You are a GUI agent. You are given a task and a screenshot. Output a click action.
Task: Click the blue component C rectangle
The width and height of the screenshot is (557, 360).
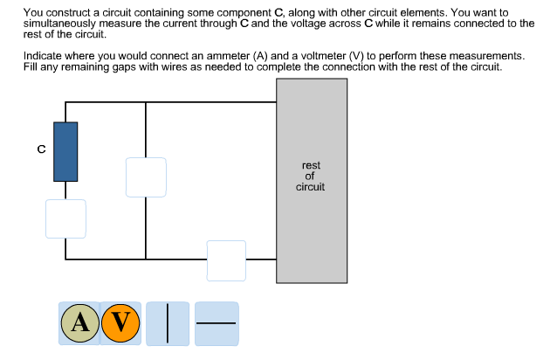click(x=65, y=151)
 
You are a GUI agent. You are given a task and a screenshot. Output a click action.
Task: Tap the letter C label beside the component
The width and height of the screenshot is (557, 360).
click(x=40, y=149)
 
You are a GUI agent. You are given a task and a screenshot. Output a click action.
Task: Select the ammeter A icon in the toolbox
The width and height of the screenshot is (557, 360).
click(x=79, y=323)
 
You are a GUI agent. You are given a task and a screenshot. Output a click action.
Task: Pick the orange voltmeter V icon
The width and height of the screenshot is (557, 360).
click(x=120, y=323)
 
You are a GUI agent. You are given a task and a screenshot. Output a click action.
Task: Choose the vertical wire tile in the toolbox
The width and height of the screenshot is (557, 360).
click(x=168, y=323)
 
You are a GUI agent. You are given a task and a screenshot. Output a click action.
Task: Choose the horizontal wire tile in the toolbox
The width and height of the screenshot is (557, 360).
click(x=216, y=323)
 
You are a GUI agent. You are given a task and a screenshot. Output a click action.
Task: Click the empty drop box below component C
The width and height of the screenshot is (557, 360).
click(x=65, y=218)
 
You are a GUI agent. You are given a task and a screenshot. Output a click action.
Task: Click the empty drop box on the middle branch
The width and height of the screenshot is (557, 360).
click(x=146, y=177)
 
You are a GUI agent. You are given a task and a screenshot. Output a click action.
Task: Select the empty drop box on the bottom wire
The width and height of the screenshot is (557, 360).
click(x=226, y=260)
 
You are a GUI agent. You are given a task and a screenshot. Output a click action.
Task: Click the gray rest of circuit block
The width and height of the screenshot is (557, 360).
click(x=311, y=227)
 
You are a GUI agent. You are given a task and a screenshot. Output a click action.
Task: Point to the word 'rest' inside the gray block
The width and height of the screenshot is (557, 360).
click(x=311, y=165)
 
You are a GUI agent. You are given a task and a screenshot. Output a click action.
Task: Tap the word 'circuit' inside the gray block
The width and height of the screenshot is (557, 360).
click(x=311, y=187)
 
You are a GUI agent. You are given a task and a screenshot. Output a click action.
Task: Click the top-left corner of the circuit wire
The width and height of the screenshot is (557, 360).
click(x=65, y=102)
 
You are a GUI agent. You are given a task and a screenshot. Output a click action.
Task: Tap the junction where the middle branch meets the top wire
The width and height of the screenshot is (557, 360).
click(x=146, y=102)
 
